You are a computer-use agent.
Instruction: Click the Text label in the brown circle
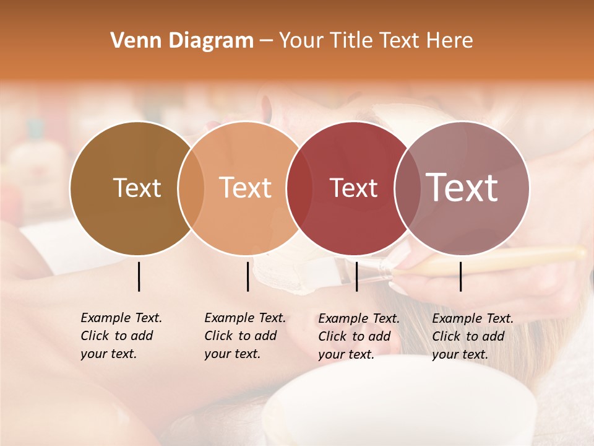click(x=137, y=188)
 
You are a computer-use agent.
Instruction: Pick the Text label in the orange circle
click(x=246, y=188)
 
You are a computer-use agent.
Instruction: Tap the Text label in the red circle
click(x=353, y=188)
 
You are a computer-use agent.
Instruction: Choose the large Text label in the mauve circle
click(x=462, y=188)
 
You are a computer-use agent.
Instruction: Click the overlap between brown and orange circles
click(x=191, y=188)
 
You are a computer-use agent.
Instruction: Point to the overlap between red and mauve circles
click(x=408, y=188)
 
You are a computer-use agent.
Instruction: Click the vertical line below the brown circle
click(x=139, y=276)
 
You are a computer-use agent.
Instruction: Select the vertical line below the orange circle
click(x=247, y=276)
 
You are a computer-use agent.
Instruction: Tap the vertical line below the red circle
click(x=356, y=276)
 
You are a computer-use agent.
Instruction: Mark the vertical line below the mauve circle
click(x=461, y=276)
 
